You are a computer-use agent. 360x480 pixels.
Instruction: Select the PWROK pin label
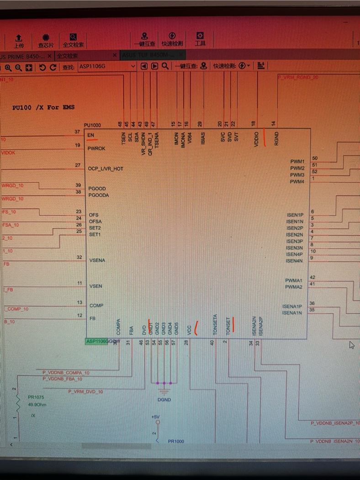click(x=96, y=149)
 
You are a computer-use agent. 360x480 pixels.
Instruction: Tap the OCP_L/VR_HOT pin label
click(x=106, y=169)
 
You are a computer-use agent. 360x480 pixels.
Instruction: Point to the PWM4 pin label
click(x=296, y=181)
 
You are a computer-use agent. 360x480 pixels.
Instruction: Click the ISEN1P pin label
click(x=295, y=215)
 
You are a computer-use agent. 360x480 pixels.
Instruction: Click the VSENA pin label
click(x=97, y=260)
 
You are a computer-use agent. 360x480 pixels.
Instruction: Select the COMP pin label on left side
click(x=96, y=305)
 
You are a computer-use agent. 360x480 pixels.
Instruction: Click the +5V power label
click(x=155, y=417)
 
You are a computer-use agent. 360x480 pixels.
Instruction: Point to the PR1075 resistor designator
click(x=36, y=397)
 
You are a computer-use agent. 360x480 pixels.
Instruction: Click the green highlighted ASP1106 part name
click(x=97, y=341)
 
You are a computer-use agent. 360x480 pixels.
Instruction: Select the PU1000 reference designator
click(x=93, y=125)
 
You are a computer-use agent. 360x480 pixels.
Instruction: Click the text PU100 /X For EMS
click(x=43, y=107)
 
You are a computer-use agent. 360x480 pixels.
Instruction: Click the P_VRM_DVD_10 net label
click(x=85, y=392)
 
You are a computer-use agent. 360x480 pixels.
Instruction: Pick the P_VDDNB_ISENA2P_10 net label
click(x=335, y=423)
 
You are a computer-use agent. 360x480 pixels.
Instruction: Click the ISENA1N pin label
click(x=292, y=313)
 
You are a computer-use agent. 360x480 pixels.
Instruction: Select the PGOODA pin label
click(x=99, y=195)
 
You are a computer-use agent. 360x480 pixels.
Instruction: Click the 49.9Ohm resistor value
click(x=37, y=405)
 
